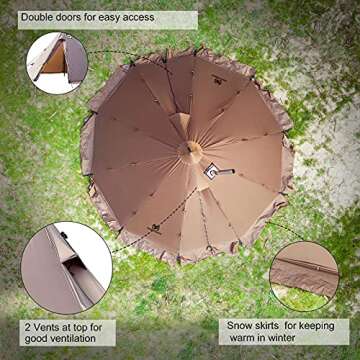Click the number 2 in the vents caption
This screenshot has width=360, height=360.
pos(27,327)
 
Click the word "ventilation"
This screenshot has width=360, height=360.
pos(72,339)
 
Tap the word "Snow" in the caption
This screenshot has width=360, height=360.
pos(239,326)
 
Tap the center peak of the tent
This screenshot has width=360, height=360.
pos(190,151)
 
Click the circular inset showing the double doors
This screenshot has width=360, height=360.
pos(57,63)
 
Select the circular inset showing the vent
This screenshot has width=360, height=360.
pos(67,268)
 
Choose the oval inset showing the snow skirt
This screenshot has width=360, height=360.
pos(304,276)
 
